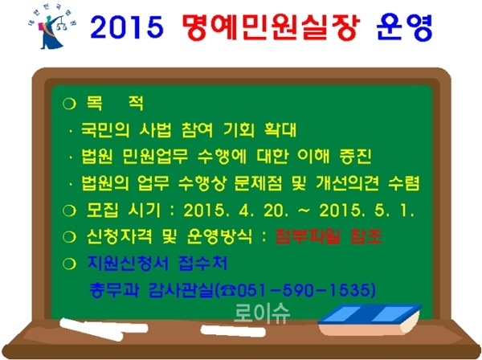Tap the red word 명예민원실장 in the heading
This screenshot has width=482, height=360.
tap(265, 30)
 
